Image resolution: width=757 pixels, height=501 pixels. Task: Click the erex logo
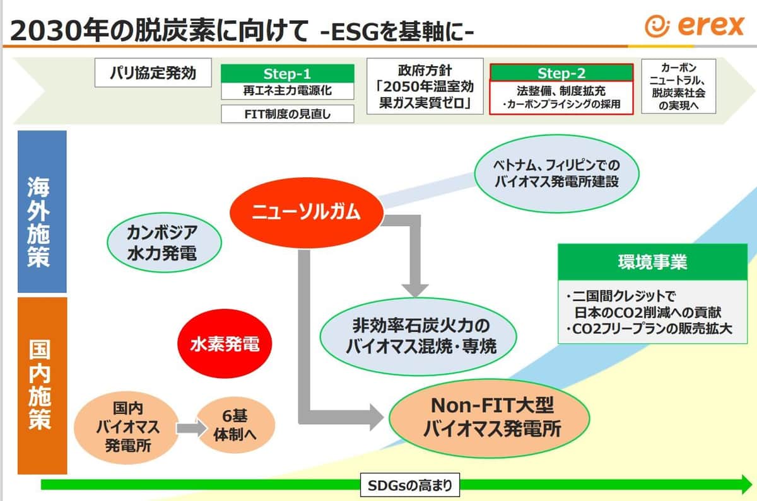click(695, 26)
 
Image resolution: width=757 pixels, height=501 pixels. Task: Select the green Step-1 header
click(287, 74)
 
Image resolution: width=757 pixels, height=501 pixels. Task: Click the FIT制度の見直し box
click(287, 114)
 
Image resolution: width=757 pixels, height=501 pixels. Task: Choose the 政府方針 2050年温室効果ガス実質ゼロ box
click(425, 86)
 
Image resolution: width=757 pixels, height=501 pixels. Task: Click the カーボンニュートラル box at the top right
click(679, 86)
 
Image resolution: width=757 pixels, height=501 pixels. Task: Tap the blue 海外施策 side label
click(42, 212)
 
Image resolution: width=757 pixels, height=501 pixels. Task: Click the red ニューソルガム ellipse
click(306, 212)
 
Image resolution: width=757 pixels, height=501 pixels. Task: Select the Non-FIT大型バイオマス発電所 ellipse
click(490, 417)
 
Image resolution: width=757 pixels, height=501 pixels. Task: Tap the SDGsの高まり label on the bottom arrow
click(411, 486)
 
